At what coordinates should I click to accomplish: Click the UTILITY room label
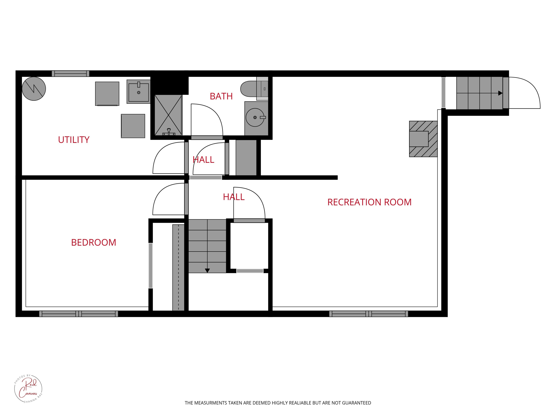coord(74,140)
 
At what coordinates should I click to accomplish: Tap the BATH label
coord(221,96)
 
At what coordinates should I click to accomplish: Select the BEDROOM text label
coord(94,243)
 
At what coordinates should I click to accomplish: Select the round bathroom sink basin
coord(255,117)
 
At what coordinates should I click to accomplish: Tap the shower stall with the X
coord(168,115)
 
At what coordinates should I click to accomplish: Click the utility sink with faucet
coord(138,92)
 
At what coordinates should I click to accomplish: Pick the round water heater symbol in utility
coord(34,89)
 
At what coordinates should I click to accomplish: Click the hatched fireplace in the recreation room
coord(423,139)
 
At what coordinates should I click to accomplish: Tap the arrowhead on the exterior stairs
coord(500,93)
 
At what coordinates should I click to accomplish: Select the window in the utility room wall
coord(70,74)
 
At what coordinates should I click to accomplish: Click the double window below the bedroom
coord(78,314)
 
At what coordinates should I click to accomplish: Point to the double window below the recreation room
coord(368,314)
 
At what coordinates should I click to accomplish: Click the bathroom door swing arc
coord(211,116)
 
